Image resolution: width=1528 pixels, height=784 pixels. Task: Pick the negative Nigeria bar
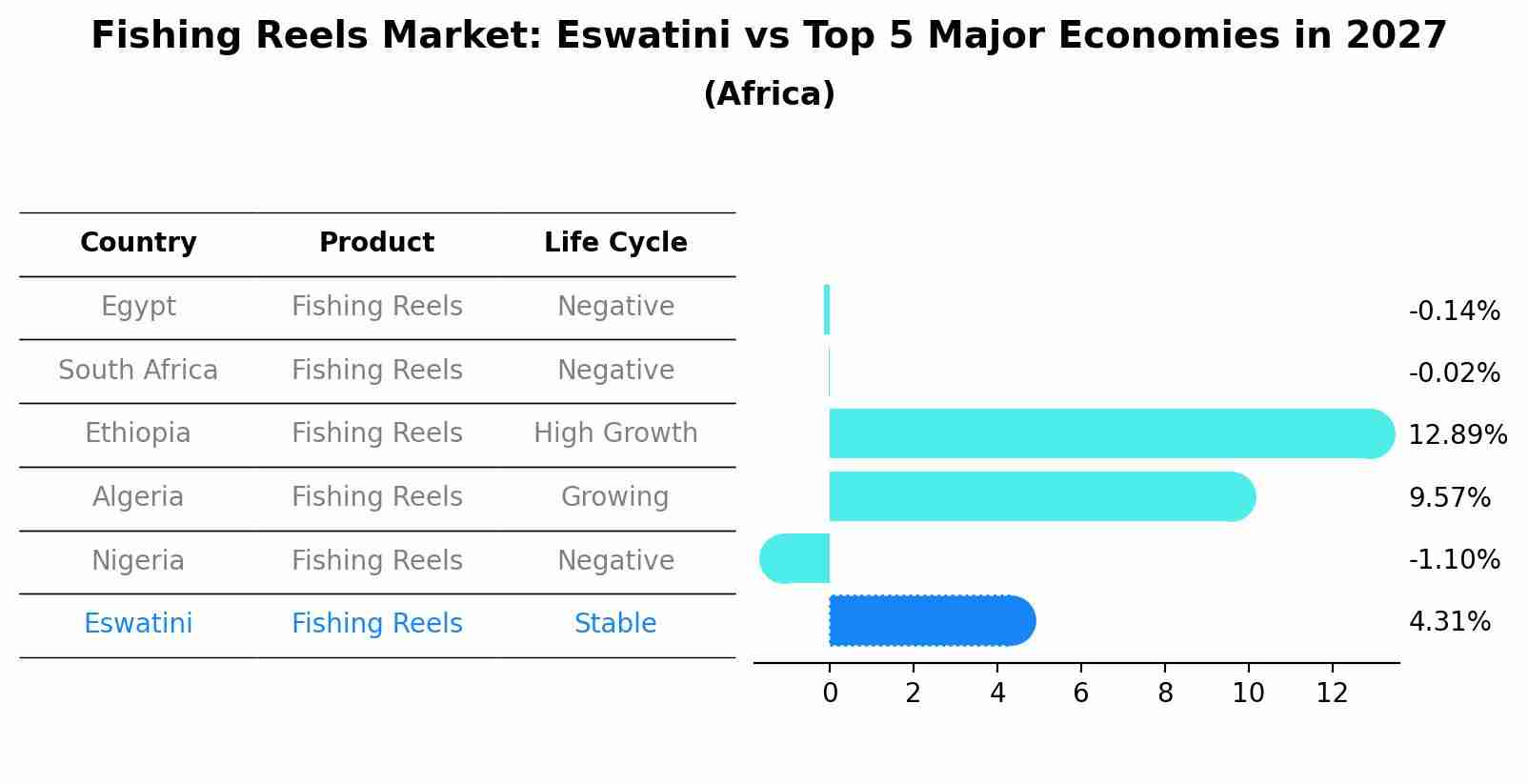pos(795,559)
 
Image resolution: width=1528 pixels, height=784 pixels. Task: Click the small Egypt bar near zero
pos(827,310)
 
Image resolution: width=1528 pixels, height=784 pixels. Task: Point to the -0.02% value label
pos(1454,372)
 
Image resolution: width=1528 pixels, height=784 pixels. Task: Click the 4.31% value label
pos(1449,622)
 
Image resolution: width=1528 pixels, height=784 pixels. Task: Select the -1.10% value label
pos(1454,559)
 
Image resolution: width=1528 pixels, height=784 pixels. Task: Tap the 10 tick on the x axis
pos(1248,694)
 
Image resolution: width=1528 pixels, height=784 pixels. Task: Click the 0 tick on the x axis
pos(830,694)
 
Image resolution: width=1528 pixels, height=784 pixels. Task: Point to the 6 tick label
pos(1080,694)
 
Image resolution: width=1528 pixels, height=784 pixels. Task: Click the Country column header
pos(138,243)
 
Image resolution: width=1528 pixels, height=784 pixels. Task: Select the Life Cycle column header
pos(615,243)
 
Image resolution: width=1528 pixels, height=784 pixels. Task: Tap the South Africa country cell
pos(138,370)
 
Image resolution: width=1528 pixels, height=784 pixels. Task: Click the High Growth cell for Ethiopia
pos(615,433)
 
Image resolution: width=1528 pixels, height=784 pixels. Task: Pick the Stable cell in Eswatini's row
pos(615,624)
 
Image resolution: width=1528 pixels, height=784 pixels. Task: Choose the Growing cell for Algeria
pos(615,496)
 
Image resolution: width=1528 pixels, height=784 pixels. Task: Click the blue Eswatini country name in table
pos(138,624)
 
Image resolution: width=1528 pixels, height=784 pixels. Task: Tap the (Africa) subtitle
pos(769,94)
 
